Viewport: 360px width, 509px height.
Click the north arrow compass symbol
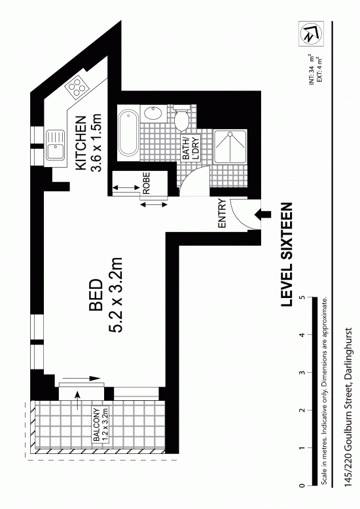coord(311,33)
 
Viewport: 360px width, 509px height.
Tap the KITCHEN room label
coord(81,143)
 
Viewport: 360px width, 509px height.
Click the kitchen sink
coord(55,145)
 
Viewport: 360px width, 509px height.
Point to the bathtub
coord(128,132)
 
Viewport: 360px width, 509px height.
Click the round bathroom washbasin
coord(153,113)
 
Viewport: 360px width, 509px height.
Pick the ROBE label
coord(147,183)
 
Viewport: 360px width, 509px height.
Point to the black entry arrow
coord(263,214)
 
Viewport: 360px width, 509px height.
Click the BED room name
coord(96,295)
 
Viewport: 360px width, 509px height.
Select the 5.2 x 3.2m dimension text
coord(115,295)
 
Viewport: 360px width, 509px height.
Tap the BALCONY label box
coord(101,424)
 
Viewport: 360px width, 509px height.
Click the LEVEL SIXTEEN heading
coord(287,254)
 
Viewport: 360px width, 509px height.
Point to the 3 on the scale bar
coord(302,372)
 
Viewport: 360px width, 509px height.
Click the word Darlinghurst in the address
coord(349,354)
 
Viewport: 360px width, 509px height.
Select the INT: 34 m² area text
coord(312,70)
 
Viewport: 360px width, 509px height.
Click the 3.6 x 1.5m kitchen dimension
coord(98,141)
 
